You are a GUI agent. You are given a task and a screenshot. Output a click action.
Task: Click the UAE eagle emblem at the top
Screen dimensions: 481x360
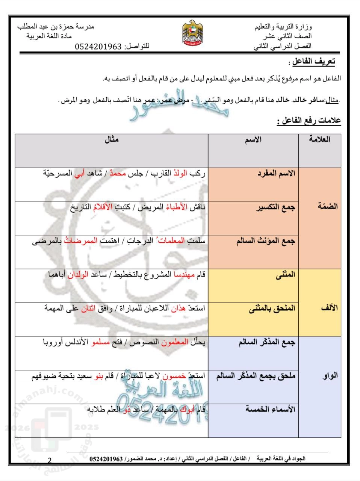point(192,33)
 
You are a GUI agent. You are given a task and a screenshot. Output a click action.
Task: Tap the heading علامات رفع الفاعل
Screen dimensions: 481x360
point(309,121)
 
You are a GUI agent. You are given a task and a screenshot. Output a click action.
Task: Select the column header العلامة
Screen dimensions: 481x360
point(319,139)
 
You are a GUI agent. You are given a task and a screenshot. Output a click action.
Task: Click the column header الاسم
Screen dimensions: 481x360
point(253,140)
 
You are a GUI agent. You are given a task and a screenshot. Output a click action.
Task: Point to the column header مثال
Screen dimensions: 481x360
point(111,139)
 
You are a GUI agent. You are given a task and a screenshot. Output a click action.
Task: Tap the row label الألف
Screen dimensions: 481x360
point(329,308)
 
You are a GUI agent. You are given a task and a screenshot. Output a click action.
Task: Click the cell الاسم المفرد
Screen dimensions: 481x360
point(276,174)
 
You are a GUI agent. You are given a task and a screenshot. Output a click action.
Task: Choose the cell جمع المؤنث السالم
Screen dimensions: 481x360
point(266,241)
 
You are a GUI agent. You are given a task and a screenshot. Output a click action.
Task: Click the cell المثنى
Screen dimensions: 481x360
point(285,275)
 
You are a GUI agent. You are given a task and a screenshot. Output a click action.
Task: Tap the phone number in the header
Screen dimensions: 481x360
point(98,47)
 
